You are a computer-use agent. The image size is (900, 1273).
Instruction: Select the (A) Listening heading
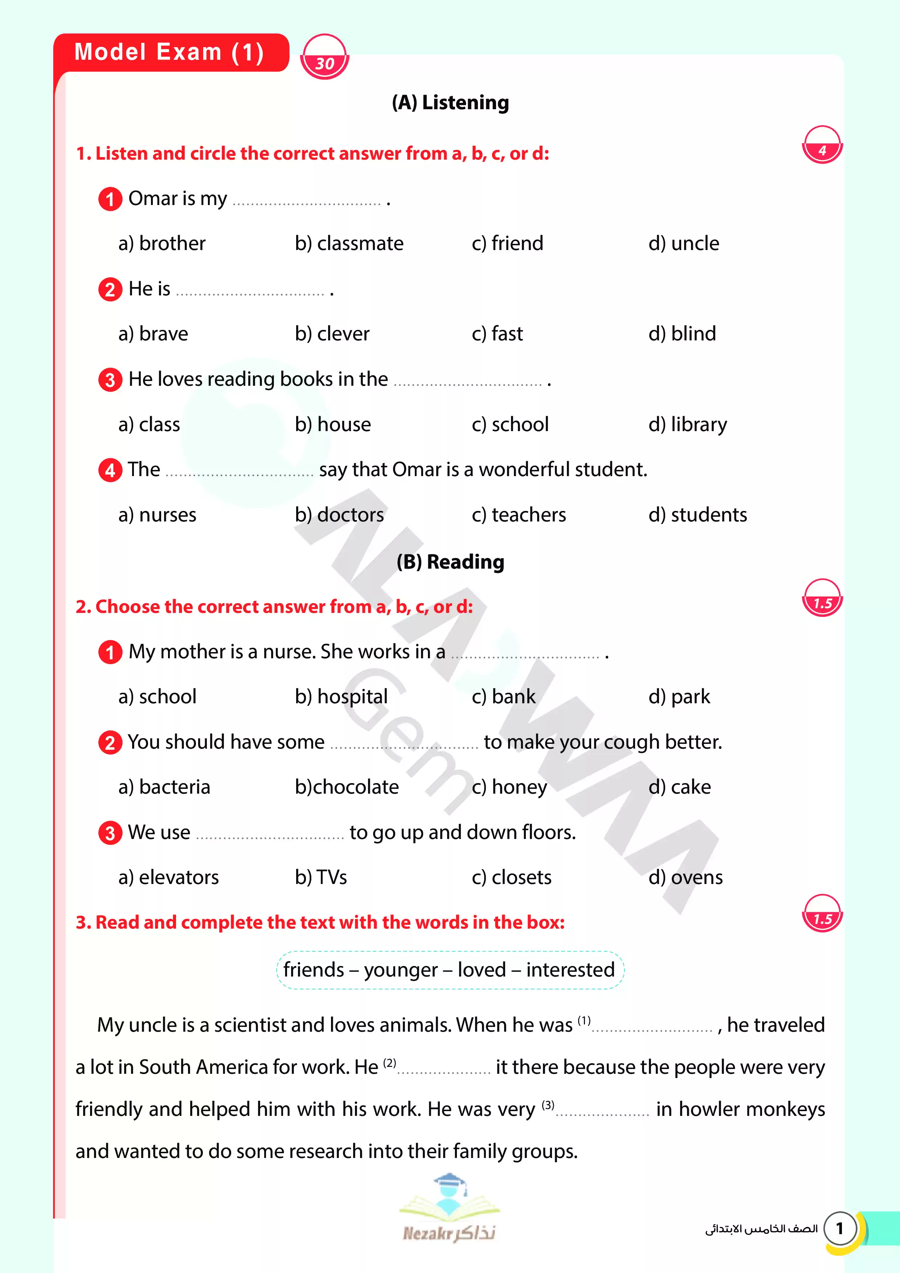(450, 103)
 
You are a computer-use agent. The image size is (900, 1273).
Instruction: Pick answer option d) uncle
(683, 243)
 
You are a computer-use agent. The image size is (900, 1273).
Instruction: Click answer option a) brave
(153, 334)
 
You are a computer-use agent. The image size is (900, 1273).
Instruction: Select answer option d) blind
(682, 334)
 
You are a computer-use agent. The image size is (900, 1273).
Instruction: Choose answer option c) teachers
(519, 515)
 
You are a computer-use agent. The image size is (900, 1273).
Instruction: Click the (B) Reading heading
(450, 562)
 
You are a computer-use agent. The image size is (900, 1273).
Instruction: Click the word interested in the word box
(570, 970)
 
